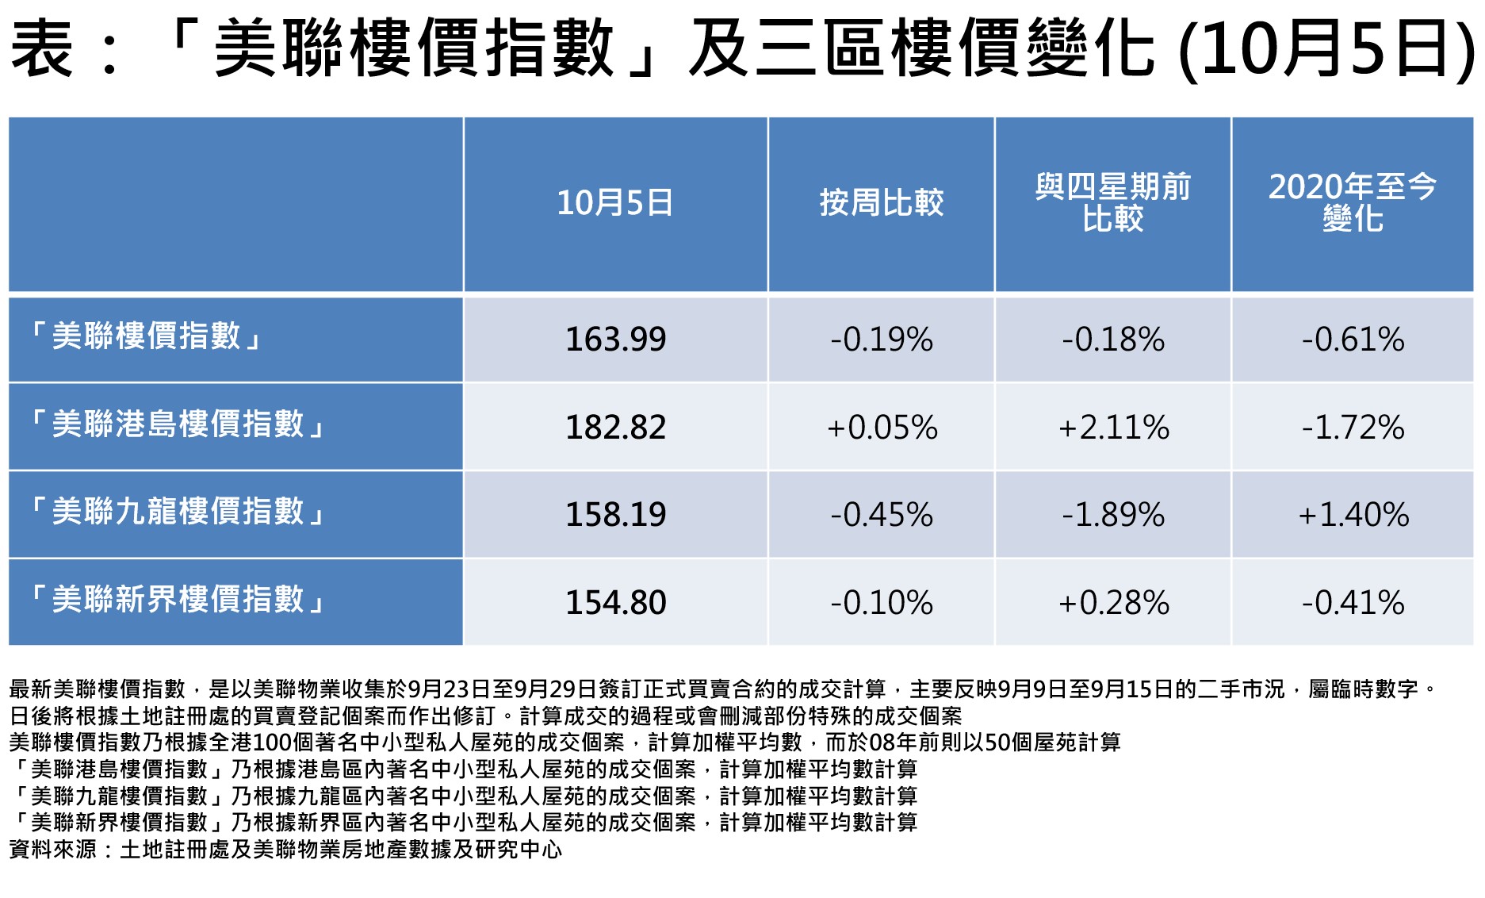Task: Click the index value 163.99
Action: point(615,340)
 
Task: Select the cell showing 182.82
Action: point(615,428)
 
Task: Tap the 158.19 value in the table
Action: point(615,515)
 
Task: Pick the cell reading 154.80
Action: point(615,603)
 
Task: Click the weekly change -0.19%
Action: point(881,340)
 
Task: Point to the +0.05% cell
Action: point(881,428)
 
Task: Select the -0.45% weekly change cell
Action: point(881,515)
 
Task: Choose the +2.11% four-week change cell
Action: point(1113,428)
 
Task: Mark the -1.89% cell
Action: point(1113,515)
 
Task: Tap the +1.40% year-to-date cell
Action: point(1353,515)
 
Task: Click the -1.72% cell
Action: point(1353,428)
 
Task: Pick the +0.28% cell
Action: point(1113,603)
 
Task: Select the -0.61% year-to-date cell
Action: point(1353,340)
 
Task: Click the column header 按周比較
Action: point(881,203)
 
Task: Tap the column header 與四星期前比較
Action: point(1113,203)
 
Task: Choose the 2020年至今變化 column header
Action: point(1353,203)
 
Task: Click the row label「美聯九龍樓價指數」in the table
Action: point(178,512)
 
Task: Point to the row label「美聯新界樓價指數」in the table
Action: point(178,601)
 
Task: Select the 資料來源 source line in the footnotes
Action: point(285,850)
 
